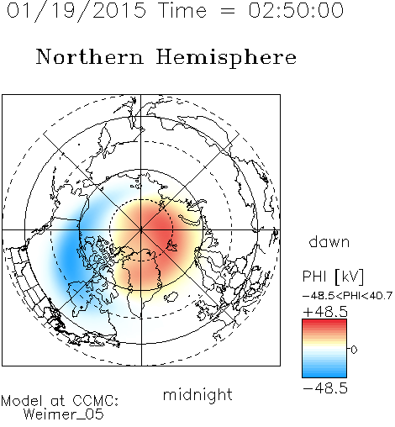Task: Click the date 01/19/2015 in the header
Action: (x=76, y=11)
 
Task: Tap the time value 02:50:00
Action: (x=296, y=10)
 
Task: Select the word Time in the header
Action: (x=182, y=10)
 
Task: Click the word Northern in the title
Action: (x=90, y=56)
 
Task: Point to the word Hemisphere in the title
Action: (x=226, y=58)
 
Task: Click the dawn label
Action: (x=329, y=241)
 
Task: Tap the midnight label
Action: (x=197, y=394)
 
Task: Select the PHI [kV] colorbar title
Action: (x=333, y=277)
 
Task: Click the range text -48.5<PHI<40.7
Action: (x=347, y=296)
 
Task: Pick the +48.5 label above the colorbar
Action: (x=325, y=312)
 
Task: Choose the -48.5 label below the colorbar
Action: (x=325, y=388)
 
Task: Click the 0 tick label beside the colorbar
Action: (x=354, y=350)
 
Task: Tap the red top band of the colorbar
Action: (x=324, y=323)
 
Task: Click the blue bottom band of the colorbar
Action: (x=324, y=374)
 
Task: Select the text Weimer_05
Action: (x=63, y=414)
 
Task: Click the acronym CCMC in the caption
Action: (x=95, y=401)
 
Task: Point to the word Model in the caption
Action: (x=22, y=401)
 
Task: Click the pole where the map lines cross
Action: (x=141, y=230)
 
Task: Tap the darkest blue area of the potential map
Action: (x=69, y=255)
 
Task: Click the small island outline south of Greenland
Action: (x=171, y=297)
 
